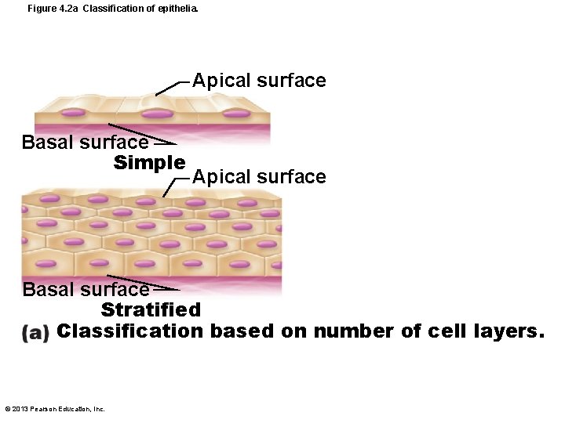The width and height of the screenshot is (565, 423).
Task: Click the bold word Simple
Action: point(149,162)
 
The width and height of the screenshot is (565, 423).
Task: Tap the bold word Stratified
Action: point(151,310)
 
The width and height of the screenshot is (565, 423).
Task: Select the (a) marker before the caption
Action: point(36,332)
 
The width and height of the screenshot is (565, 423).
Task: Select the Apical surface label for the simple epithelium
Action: point(259,81)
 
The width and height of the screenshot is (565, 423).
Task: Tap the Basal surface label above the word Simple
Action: point(85,143)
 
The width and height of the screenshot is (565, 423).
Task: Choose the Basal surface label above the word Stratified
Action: point(86,290)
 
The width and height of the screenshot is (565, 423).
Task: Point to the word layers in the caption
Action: point(503,331)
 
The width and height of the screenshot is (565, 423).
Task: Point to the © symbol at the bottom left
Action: point(7,408)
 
